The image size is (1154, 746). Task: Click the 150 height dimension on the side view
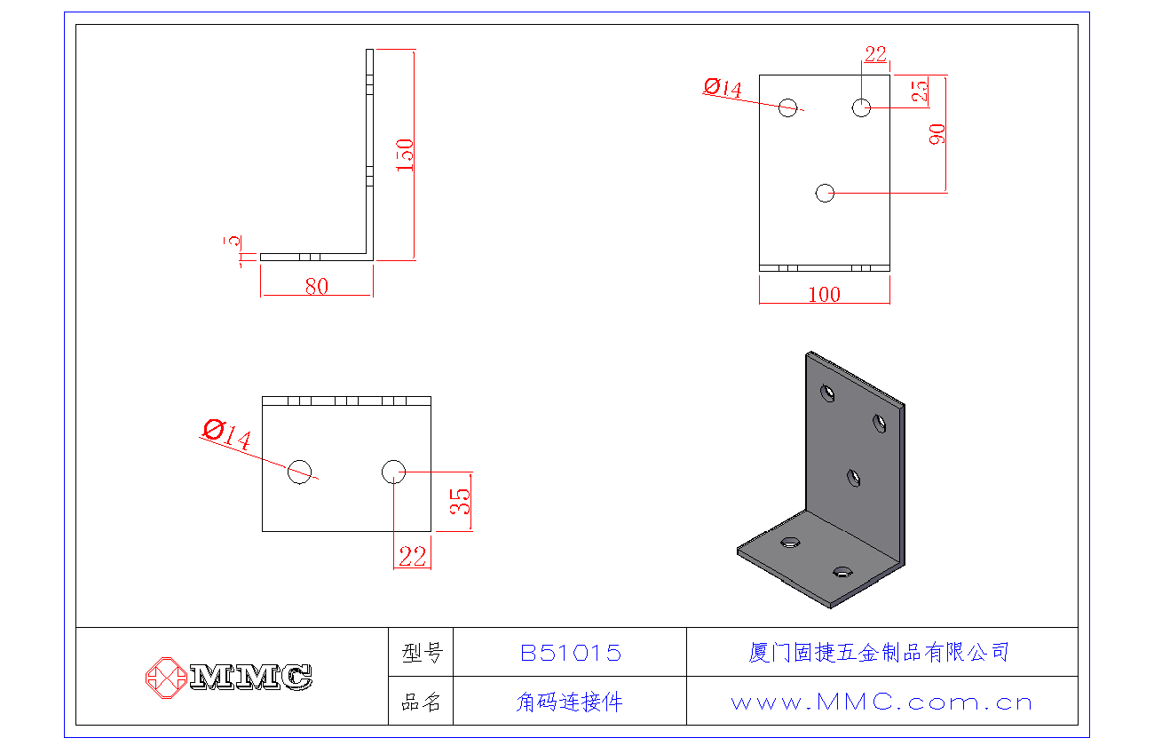pyautogui.click(x=405, y=155)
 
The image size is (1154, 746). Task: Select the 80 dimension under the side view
pyautogui.click(x=316, y=286)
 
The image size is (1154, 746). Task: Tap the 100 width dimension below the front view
pyautogui.click(x=824, y=294)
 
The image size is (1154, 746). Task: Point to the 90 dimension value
pyautogui.click(x=937, y=134)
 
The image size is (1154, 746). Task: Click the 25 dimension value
pyautogui.click(x=920, y=90)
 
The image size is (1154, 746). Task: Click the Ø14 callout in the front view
pyautogui.click(x=723, y=87)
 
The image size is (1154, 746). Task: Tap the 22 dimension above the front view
pyautogui.click(x=875, y=54)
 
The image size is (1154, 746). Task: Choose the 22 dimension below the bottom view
pyautogui.click(x=412, y=557)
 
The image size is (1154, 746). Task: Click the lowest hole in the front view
pyautogui.click(x=826, y=192)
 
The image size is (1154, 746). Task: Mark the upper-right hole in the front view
pyautogui.click(x=861, y=107)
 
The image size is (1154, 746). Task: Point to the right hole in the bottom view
pyautogui.click(x=393, y=472)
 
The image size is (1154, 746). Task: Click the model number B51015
pyautogui.click(x=570, y=654)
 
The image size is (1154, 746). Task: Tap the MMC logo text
pyautogui.click(x=251, y=677)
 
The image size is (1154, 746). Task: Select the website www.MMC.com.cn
pyautogui.click(x=881, y=702)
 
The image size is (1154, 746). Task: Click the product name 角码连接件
pyautogui.click(x=569, y=702)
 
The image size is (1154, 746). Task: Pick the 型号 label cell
pyautogui.click(x=421, y=654)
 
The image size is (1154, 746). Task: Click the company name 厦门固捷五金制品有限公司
pyautogui.click(x=879, y=653)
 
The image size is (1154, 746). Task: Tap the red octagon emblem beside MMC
pyautogui.click(x=164, y=677)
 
